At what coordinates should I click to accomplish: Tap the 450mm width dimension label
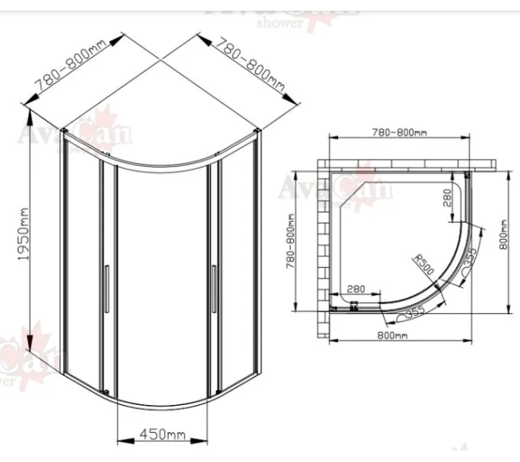coord(163,435)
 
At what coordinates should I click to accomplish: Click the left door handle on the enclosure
coord(106,289)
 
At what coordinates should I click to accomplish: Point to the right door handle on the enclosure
coord(212,289)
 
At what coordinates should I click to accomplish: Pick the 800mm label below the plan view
coord(392,335)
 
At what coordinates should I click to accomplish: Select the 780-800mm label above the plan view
coord(399,132)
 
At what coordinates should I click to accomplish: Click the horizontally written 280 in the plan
coord(355,288)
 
